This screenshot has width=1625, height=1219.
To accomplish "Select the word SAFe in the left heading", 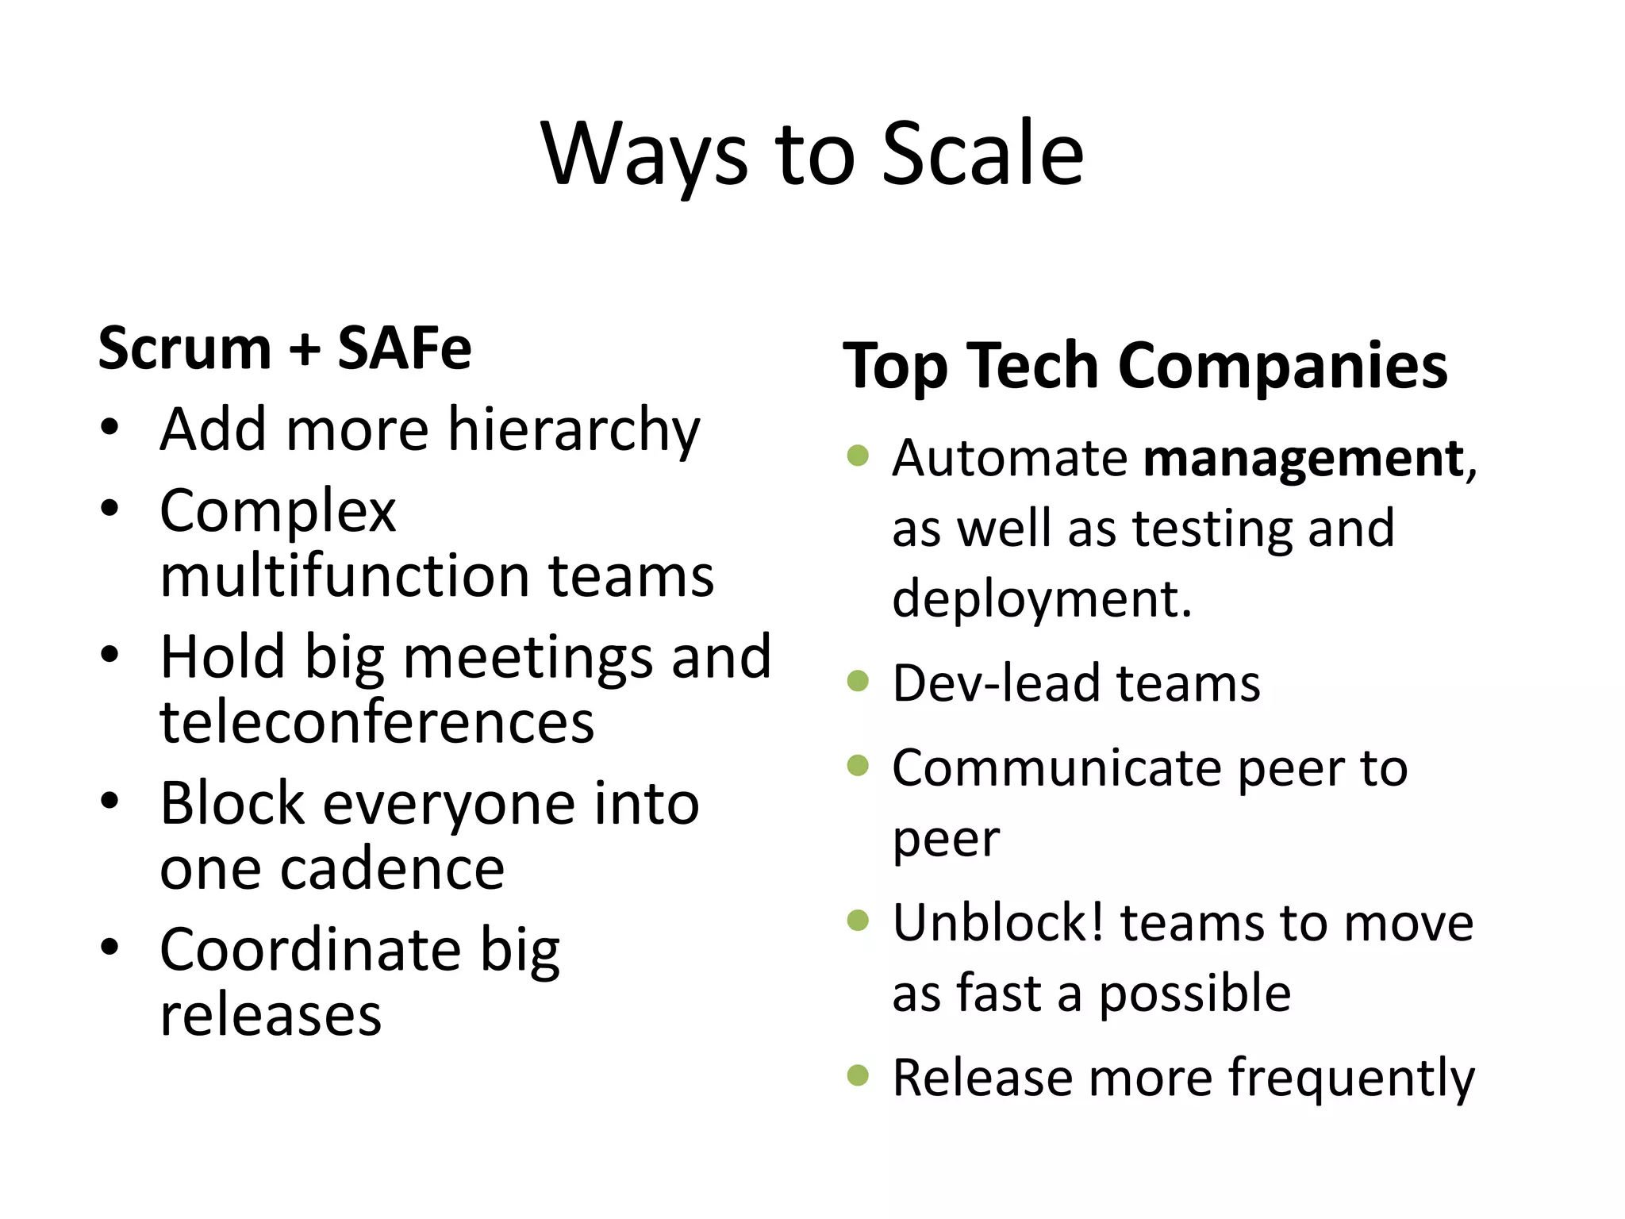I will tap(404, 348).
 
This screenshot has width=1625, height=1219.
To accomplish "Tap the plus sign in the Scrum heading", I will tap(305, 350).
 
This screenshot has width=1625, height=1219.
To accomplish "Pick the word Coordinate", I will tap(310, 950).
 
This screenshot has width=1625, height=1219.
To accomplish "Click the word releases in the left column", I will tap(271, 1015).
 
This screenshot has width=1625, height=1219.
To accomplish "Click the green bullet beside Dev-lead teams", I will tap(858, 682).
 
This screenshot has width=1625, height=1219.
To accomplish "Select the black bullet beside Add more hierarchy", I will tap(109, 429).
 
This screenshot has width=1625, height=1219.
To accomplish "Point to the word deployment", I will tap(1042, 599).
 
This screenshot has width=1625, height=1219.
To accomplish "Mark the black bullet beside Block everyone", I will tap(109, 801).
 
